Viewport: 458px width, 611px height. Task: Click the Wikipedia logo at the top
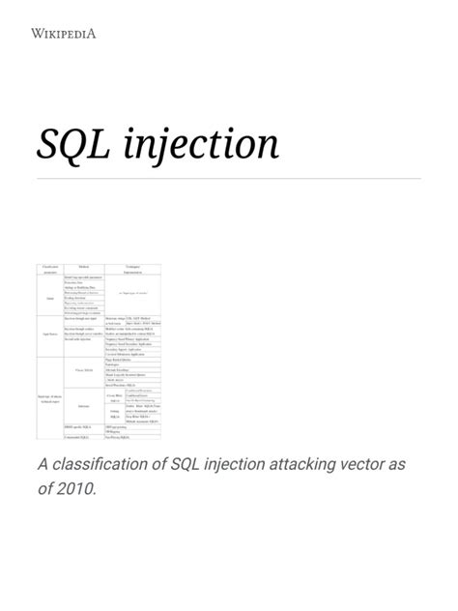[x=64, y=36]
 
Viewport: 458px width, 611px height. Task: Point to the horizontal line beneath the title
[x=229, y=178]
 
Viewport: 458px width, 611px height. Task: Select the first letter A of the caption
[x=43, y=465]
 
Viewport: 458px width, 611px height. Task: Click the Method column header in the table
[x=84, y=266]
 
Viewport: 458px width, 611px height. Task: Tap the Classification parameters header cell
[x=48, y=269]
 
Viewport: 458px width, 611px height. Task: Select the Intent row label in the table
[x=48, y=298]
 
